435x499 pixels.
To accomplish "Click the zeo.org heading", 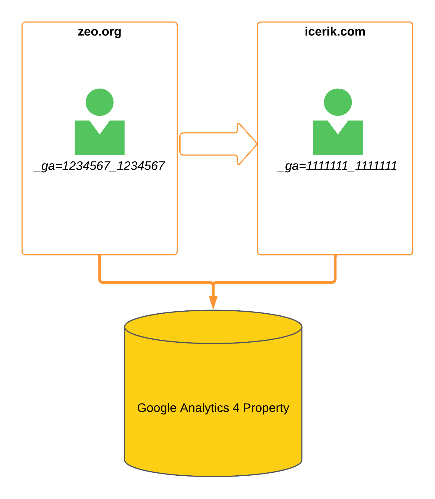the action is click(x=100, y=32).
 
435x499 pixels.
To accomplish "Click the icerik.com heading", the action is click(x=335, y=32).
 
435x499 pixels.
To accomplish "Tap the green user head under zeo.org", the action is click(x=100, y=102).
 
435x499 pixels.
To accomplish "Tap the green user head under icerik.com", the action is click(x=338, y=102).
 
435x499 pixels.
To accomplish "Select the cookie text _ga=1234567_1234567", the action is click(x=99, y=166).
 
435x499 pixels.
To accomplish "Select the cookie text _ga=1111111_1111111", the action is click(x=337, y=166).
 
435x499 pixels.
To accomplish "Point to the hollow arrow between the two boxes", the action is click(x=218, y=144).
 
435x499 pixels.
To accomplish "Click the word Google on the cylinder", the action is click(x=157, y=408).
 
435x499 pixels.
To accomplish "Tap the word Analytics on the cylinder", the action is click(x=204, y=408).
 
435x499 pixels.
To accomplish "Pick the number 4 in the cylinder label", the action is click(x=236, y=408).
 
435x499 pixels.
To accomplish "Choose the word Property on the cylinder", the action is click(x=266, y=408).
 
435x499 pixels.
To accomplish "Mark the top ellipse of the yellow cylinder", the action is click(x=213, y=327).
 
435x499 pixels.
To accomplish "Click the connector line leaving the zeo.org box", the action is click(x=100, y=269).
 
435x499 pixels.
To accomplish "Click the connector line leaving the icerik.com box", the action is click(x=335, y=269).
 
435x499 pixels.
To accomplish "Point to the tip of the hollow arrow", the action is click(x=257, y=144).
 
